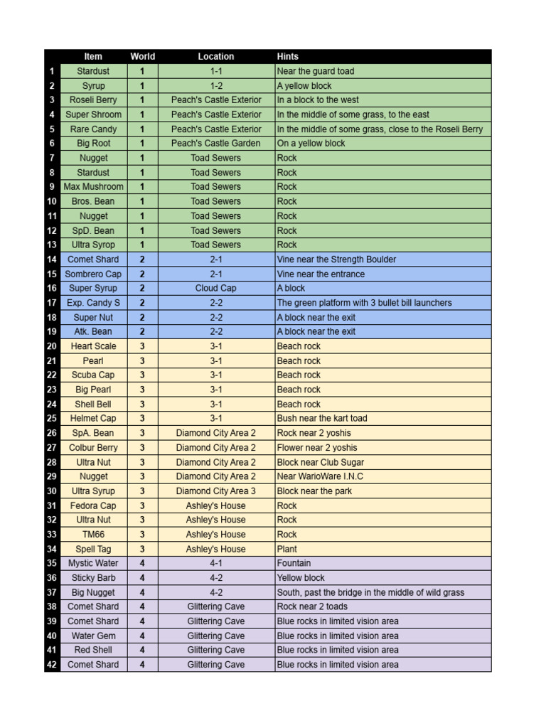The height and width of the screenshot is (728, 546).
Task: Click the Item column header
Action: (x=93, y=56)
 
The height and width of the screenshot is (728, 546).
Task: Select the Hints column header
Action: (x=288, y=56)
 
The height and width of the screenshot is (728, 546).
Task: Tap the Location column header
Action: (x=216, y=56)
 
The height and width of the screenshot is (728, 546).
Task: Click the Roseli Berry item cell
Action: (x=93, y=100)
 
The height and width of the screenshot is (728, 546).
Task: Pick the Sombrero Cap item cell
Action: (x=93, y=274)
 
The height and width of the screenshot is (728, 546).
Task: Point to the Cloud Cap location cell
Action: (x=216, y=288)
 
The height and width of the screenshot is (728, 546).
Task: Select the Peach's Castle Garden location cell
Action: (x=216, y=143)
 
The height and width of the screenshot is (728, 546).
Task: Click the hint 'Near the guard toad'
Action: (x=316, y=71)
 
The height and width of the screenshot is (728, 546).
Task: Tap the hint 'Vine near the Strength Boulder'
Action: (x=336, y=259)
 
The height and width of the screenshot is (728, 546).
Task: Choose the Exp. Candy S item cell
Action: (x=93, y=303)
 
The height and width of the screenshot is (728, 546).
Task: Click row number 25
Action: (x=51, y=419)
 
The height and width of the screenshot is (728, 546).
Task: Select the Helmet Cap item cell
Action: (x=93, y=419)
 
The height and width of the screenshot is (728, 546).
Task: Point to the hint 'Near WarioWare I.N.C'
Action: (x=320, y=476)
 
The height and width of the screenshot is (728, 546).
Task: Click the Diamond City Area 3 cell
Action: (x=216, y=491)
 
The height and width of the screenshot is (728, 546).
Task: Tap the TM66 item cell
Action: (x=93, y=534)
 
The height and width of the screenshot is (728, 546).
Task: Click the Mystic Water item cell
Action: (x=93, y=563)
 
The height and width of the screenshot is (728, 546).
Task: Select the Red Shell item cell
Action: (x=93, y=650)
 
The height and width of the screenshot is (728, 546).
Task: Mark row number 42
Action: (x=51, y=665)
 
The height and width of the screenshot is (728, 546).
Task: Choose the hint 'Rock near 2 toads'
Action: (x=312, y=606)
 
